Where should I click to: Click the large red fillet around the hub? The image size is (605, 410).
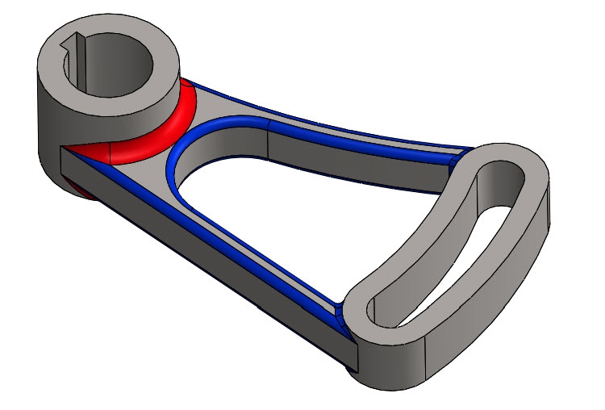pos(169,129)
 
